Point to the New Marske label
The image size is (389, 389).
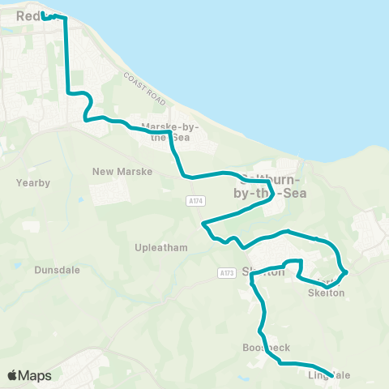pos(117,171)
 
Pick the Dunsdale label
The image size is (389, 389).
pos(58,270)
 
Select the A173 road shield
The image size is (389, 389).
pos(226,273)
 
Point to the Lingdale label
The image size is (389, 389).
pos(329,375)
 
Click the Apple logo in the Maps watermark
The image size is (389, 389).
pos(13,375)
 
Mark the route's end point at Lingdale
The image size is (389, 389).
pos(330,374)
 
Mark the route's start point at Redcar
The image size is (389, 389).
pos(44,15)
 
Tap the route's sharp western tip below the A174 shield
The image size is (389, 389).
pos(203,222)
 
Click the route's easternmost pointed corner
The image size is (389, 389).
pos(347,271)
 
